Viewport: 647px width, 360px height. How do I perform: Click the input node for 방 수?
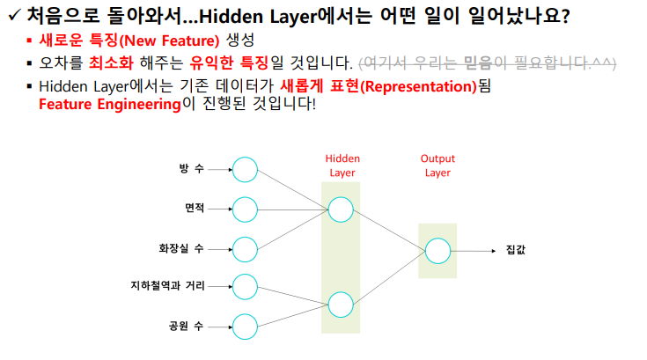pyautogui.click(x=245, y=169)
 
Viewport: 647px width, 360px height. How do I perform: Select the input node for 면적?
pyautogui.click(x=245, y=209)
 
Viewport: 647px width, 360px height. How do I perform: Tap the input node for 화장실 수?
pyautogui.click(x=245, y=248)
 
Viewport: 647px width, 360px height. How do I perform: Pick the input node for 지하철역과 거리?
pyautogui.click(x=245, y=287)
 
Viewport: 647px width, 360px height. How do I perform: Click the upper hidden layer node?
pyautogui.click(x=341, y=209)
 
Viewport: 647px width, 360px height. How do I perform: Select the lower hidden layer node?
pyautogui.click(x=341, y=305)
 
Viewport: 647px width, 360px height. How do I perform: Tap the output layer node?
pyautogui.click(x=437, y=250)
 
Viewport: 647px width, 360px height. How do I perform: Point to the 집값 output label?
pyautogui.click(x=516, y=250)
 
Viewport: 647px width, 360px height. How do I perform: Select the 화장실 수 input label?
pyautogui.click(x=180, y=248)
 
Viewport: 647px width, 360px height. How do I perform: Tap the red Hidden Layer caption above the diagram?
pyautogui.click(x=342, y=165)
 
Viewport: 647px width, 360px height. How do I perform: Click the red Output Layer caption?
pyautogui.click(x=437, y=165)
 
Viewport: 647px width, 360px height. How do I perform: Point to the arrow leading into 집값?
pyautogui.click(x=475, y=250)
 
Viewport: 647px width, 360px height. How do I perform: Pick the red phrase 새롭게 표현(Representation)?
pyautogui.click(x=379, y=86)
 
